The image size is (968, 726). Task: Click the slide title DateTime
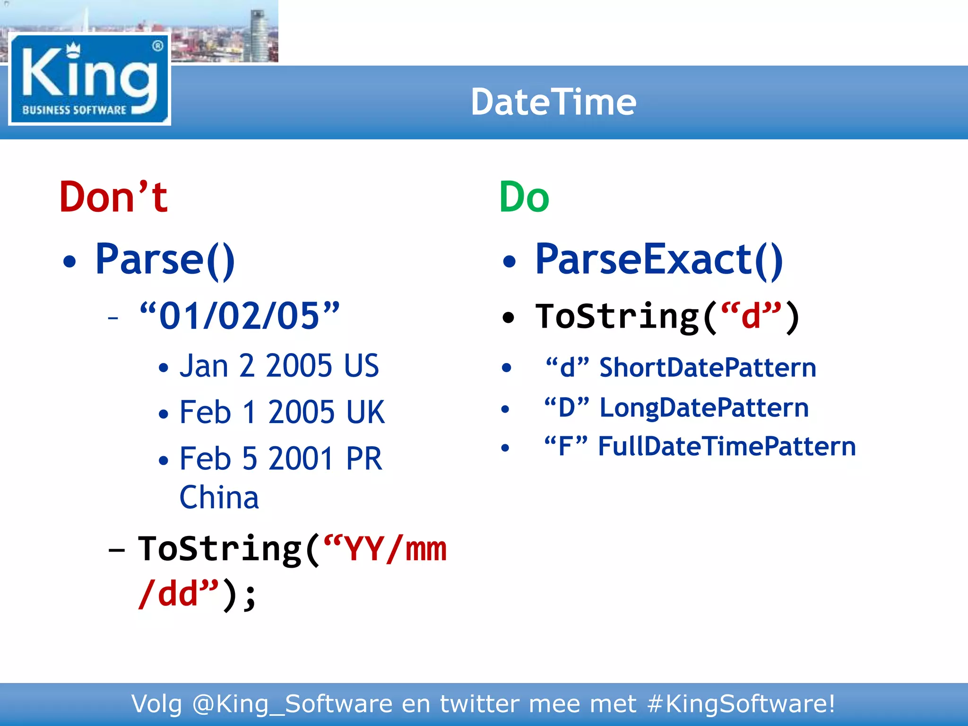coord(553,102)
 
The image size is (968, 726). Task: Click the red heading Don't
coord(113,197)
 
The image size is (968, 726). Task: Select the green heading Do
coord(524,197)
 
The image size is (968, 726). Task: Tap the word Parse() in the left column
coord(165,259)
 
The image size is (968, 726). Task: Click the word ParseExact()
coord(659,259)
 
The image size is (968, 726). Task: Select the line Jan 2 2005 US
coord(279,366)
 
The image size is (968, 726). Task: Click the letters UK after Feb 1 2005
coord(365,412)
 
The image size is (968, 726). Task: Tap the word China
coord(219,498)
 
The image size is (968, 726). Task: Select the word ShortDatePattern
coord(708,368)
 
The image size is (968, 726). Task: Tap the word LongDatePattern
coord(704,407)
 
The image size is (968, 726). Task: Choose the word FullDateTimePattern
coord(726,446)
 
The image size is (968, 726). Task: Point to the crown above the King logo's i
coord(73,48)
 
